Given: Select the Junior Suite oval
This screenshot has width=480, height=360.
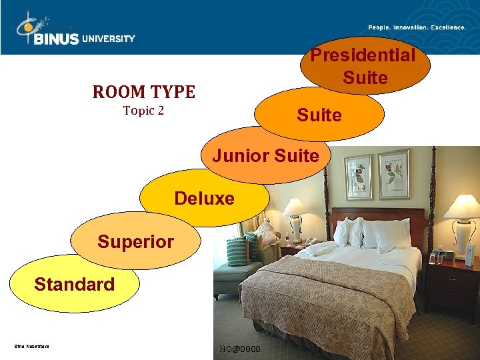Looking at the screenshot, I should point(265,156).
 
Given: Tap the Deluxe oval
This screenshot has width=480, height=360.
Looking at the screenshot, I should point(204,198).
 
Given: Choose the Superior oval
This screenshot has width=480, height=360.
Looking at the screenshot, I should point(135,241).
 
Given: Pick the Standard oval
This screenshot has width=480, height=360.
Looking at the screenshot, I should point(74,285).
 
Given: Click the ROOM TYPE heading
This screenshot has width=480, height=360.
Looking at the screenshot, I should point(143,92).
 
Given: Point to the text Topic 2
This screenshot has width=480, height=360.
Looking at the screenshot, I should point(143,111).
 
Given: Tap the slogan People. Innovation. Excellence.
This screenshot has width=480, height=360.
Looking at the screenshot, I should point(417,27).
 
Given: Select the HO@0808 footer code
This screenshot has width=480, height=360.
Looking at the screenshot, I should point(240,349).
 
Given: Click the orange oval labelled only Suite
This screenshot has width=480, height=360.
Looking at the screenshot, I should point(319,115).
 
